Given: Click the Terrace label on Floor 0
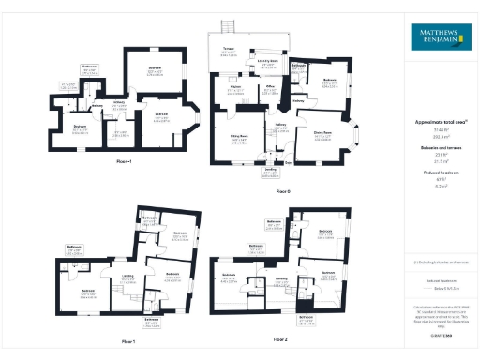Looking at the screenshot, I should (x=229, y=52).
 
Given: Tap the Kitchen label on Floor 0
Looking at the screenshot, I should (x=236, y=90).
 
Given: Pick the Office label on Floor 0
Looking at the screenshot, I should (x=269, y=90).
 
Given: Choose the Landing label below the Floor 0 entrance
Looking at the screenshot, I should (x=270, y=172).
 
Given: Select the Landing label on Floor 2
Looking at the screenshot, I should (x=280, y=278).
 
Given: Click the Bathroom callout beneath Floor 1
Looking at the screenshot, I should (x=150, y=322).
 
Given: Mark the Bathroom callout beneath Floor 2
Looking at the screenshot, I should (x=306, y=319).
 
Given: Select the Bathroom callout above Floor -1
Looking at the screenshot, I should (x=90, y=67).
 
